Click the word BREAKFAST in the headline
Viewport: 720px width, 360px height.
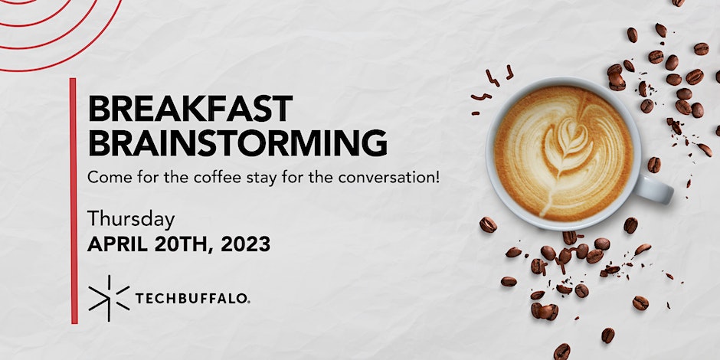click(x=190, y=108)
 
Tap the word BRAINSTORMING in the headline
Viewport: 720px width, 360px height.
click(x=237, y=142)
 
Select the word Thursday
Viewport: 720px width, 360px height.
click(x=131, y=220)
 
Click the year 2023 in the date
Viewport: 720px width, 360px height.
click(x=246, y=244)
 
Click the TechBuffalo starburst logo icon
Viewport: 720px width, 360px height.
click(x=109, y=298)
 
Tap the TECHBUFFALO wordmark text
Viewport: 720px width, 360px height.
click(x=191, y=299)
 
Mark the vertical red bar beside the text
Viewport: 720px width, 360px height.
click(x=74, y=201)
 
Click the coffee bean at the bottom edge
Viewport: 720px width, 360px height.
click(x=561, y=352)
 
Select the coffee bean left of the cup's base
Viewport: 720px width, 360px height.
click(x=488, y=224)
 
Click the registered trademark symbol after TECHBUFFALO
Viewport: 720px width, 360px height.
click(x=248, y=302)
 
